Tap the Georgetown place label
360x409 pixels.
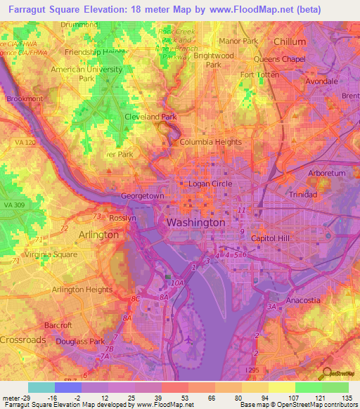[x=143, y=196]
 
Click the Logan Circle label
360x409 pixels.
[x=210, y=184]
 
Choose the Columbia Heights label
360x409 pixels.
[x=211, y=142]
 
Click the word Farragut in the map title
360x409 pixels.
[x=24, y=8]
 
